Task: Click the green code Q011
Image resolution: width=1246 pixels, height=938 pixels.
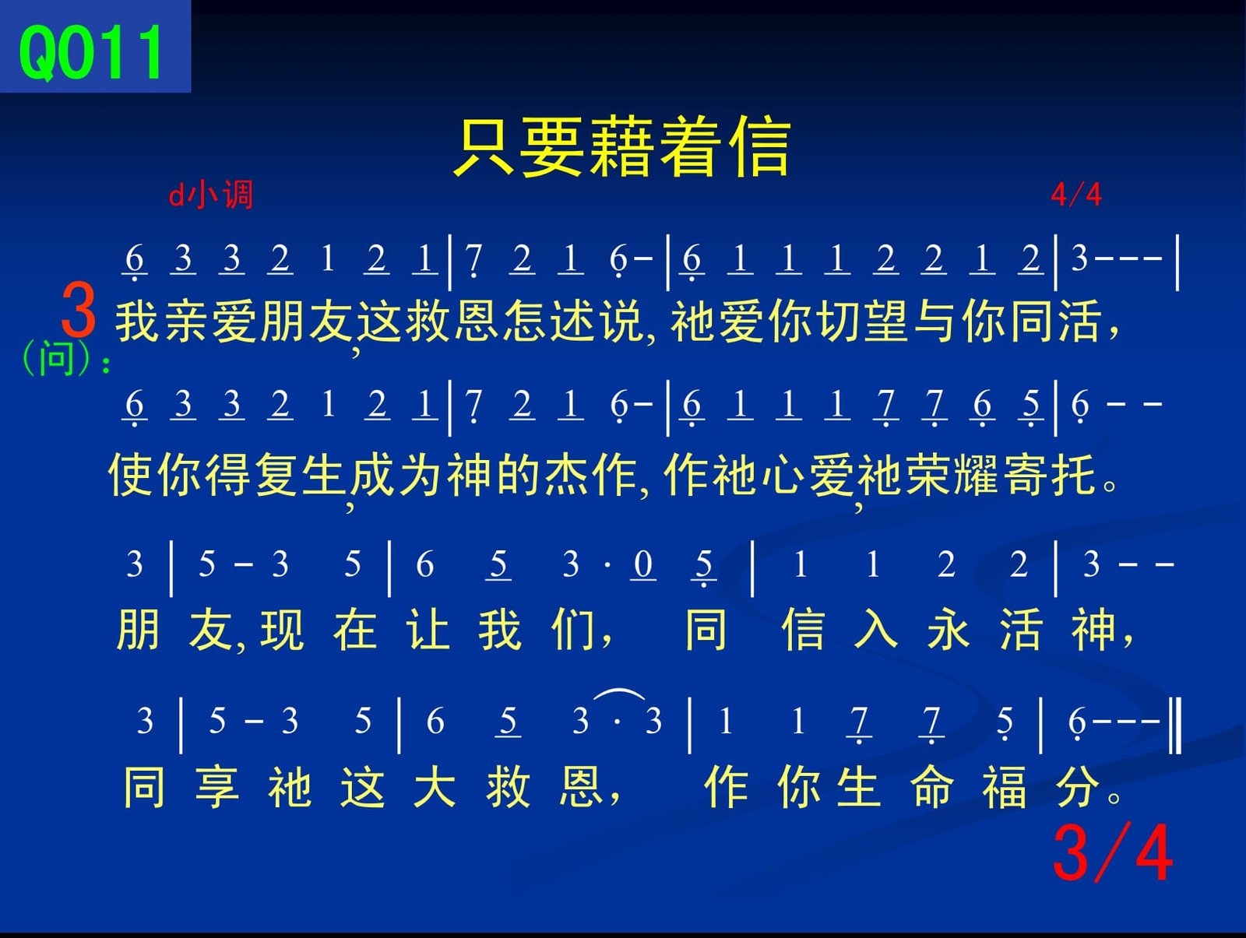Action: (91, 53)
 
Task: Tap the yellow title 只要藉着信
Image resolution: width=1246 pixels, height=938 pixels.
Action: (623, 146)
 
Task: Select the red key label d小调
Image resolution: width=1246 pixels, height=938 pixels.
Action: (210, 195)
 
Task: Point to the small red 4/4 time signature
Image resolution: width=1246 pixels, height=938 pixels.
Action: (1076, 195)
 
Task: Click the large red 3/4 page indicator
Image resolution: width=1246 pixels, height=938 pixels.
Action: (1113, 853)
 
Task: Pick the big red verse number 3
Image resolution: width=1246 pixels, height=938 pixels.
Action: (79, 310)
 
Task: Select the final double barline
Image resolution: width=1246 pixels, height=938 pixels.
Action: (1176, 726)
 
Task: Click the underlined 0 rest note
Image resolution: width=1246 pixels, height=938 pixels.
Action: (643, 565)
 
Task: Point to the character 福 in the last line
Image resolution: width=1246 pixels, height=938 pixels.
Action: (1004, 786)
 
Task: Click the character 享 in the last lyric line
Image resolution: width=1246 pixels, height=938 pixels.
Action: (216, 786)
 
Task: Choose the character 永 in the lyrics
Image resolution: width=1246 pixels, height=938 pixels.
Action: (948, 629)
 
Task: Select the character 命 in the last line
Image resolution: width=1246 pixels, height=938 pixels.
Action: (932, 786)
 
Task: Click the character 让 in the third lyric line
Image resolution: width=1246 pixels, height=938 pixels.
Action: (428, 629)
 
